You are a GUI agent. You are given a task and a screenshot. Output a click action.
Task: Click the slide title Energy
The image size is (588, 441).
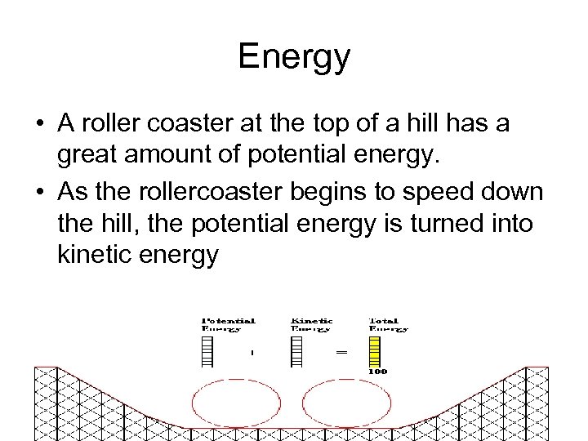click(294, 57)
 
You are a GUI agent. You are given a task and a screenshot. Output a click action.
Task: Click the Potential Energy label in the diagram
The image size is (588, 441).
click(229, 324)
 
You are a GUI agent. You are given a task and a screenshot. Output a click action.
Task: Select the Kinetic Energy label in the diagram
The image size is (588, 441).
click(310, 324)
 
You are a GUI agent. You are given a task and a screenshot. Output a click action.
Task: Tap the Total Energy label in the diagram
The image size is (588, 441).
click(388, 324)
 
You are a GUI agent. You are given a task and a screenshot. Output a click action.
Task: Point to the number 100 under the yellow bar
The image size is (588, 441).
click(377, 372)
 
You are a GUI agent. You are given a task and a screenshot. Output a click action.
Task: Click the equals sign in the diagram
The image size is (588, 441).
click(341, 352)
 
